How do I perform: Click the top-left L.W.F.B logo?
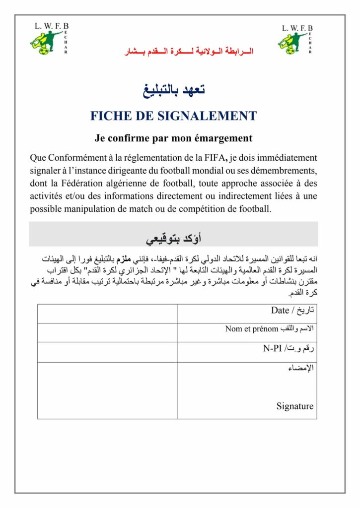48,39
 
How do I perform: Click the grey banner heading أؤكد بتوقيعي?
173,239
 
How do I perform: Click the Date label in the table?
280,311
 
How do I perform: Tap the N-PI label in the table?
271,349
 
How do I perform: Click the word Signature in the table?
295,406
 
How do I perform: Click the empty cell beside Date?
107,314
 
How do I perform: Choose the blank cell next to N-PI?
107,352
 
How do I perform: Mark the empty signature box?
107,390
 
